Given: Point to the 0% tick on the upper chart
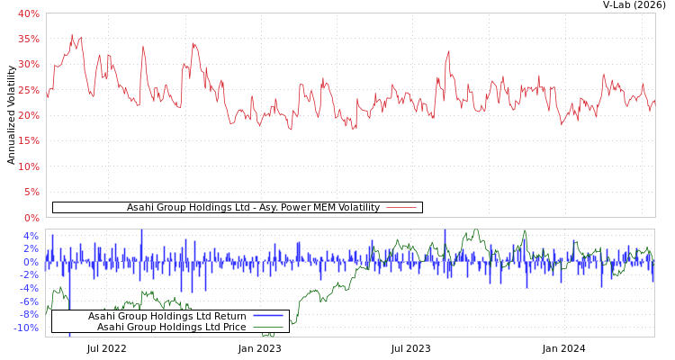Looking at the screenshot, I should pos(31,217).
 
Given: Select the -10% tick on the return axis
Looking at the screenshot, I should pos(26,328).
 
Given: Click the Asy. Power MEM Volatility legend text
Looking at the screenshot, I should pos(253,208).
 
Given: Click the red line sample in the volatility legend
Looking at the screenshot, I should pos(401,208).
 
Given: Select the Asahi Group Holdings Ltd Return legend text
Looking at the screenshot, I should pos(166,316).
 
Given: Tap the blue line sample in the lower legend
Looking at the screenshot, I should pos(267,316).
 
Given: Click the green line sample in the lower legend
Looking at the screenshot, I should pos(267,327).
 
